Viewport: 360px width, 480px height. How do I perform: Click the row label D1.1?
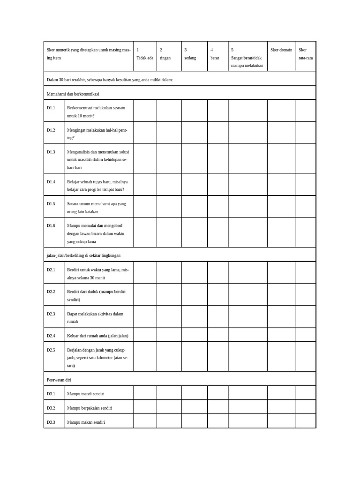[51, 108]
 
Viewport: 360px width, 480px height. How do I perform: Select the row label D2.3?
[51, 314]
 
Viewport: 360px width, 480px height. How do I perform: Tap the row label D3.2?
[51, 408]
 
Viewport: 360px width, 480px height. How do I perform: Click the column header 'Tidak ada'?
[145, 58]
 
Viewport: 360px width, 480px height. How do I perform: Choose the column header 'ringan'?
[165, 58]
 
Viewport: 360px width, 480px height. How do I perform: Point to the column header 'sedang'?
[190, 58]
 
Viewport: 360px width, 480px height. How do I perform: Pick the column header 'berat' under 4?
[215, 58]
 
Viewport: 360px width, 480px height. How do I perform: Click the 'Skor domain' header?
[281, 50]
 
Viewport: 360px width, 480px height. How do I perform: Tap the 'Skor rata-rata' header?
[306, 54]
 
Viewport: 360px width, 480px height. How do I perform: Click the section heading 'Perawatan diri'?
[59, 379]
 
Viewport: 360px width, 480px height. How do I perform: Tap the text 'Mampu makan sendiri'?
[86, 422]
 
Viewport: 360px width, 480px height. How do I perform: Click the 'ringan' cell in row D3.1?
[169, 393]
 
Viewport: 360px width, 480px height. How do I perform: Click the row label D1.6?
[51, 225]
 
